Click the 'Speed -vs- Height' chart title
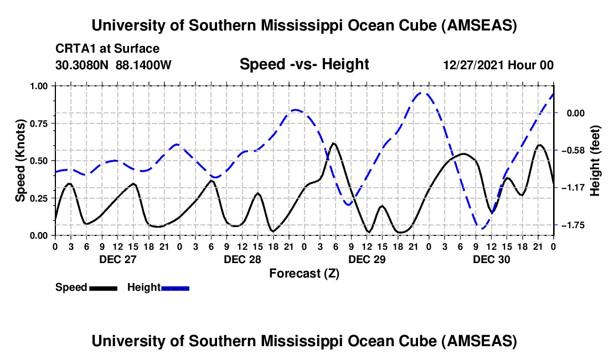tap(304, 64)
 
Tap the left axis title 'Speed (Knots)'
tap(20, 161)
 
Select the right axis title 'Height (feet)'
tap(595, 161)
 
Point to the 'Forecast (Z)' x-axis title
tap(304, 273)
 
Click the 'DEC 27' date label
tap(117, 259)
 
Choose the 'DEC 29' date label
tap(367, 259)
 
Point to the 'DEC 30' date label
tap(491, 259)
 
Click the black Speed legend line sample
tap(103, 287)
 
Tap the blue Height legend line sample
tap(176, 287)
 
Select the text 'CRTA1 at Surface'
tap(107, 49)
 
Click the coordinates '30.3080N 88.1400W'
tap(113, 65)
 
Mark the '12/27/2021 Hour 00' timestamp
tap(498, 65)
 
